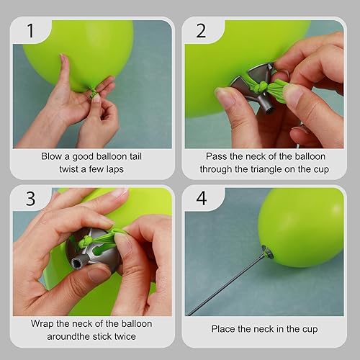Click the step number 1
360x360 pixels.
click(29, 32)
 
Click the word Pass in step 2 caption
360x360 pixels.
click(217, 156)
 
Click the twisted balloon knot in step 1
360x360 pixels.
click(92, 91)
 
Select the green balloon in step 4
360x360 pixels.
click(299, 227)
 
